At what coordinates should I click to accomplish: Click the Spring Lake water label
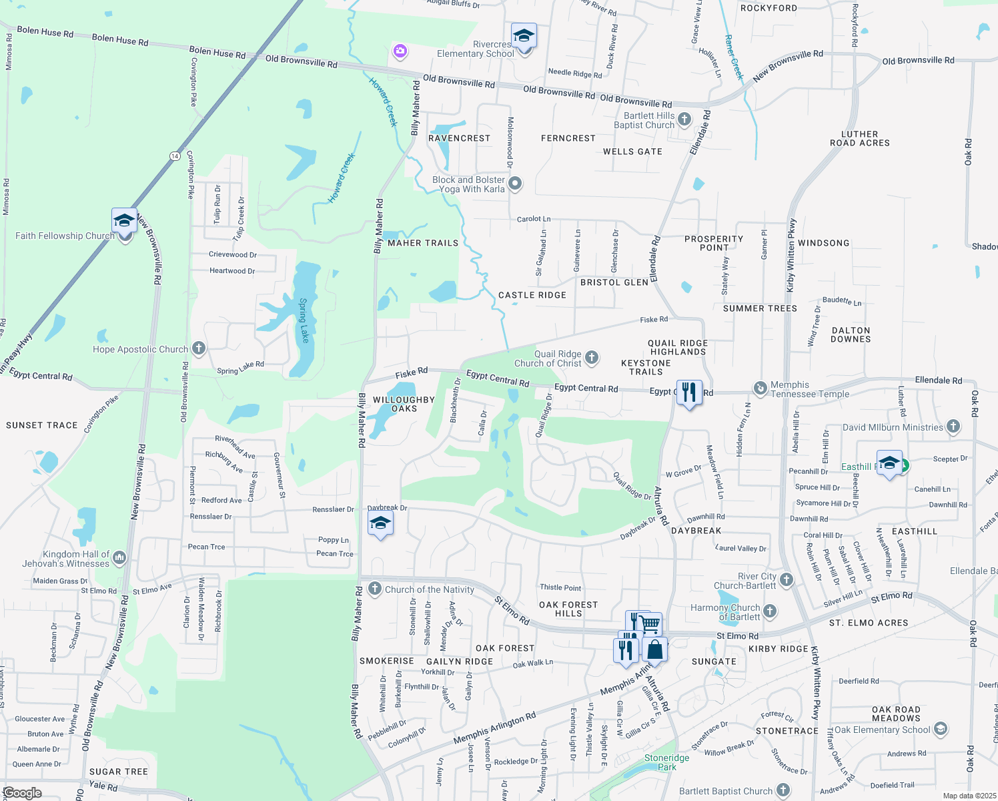pos(304,321)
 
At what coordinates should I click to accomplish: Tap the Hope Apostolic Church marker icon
pos(199,348)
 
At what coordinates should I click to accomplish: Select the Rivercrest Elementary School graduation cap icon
pos(524,37)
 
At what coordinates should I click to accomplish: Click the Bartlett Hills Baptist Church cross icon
pos(684,119)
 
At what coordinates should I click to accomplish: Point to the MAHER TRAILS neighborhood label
pos(423,244)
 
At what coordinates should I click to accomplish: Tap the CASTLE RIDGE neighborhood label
pos(532,295)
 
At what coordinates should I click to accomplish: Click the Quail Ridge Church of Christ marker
pos(592,358)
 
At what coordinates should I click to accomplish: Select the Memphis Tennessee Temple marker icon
pos(760,388)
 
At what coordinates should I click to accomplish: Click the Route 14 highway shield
pos(175,156)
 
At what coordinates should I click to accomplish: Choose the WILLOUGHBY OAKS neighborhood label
pos(404,404)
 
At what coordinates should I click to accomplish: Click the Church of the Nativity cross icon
pos(375,589)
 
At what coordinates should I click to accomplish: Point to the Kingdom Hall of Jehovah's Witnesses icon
pos(119,557)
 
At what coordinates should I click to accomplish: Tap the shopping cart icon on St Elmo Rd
pos(650,625)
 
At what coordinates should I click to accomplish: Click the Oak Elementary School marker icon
pos(941,728)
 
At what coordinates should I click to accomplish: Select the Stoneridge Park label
pos(666,762)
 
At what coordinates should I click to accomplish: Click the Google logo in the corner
pos(23,793)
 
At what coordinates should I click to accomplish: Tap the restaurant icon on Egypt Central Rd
pos(689,392)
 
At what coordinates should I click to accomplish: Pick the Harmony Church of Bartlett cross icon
pos(770,611)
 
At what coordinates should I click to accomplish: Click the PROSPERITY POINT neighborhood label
pos(714,243)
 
